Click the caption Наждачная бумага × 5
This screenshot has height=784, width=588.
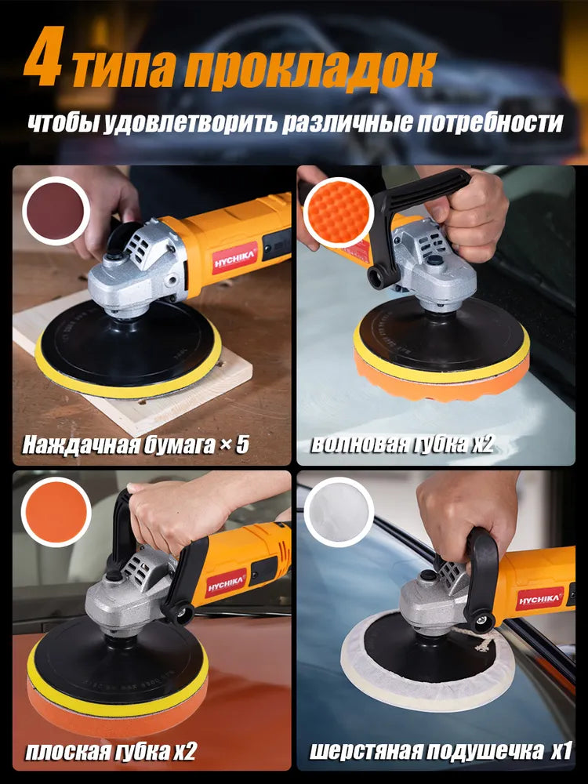pos(136,445)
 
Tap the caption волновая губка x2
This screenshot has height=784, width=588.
pos(401,445)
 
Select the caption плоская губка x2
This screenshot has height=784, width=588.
pos(110,752)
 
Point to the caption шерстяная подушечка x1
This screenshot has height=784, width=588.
pos(439,752)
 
